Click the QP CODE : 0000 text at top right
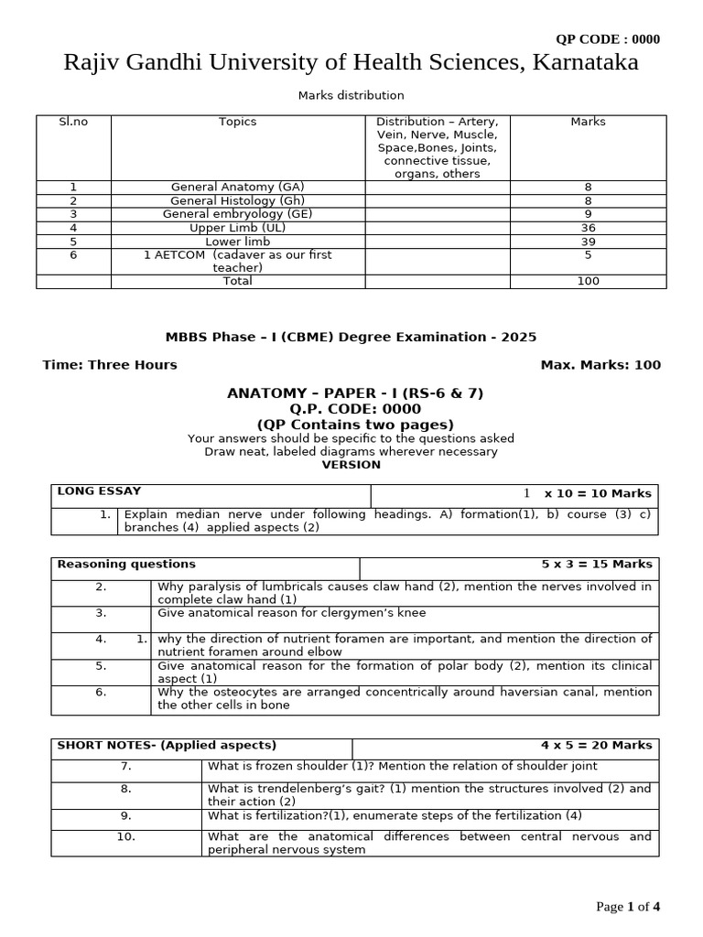click(608, 38)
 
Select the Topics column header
click(238, 122)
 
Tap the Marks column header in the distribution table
click(588, 122)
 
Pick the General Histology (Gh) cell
click(238, 200)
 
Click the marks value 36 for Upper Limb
click(588, 228)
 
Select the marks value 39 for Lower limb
click(588, 242)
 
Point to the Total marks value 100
click(588, 281)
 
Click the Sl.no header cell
click(73, 122)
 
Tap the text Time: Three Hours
click(110, 364)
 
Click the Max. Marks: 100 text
click(600, 364)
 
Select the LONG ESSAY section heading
click(100, 491)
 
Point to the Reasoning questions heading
click(126, 564)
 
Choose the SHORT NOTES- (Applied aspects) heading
click(167, 745)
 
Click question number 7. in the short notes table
click(126, 766)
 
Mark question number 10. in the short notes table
click(126, 836)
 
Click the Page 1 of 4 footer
click(628, 907)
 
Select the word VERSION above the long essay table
click(351, 464)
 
